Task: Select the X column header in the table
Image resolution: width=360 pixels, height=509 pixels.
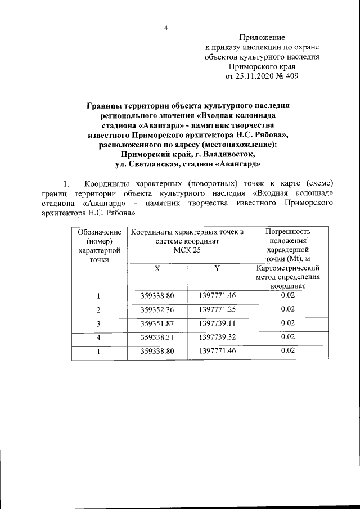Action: (157, 268)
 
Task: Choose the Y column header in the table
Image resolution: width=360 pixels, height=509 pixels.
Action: (217, 268)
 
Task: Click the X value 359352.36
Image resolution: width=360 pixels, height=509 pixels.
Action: (157, 309)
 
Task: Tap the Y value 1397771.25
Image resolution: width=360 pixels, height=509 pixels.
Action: (217, 309)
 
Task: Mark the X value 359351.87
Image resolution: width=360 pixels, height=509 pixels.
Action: (157, 323)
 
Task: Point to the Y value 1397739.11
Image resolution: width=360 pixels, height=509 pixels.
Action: (217, 323)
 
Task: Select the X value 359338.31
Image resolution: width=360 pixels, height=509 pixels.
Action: (157, 337)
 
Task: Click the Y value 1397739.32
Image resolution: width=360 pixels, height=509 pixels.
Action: (217, 337)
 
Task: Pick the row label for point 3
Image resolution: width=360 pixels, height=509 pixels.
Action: (99, 323)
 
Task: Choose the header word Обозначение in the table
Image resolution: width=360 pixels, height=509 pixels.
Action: (99, 231)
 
